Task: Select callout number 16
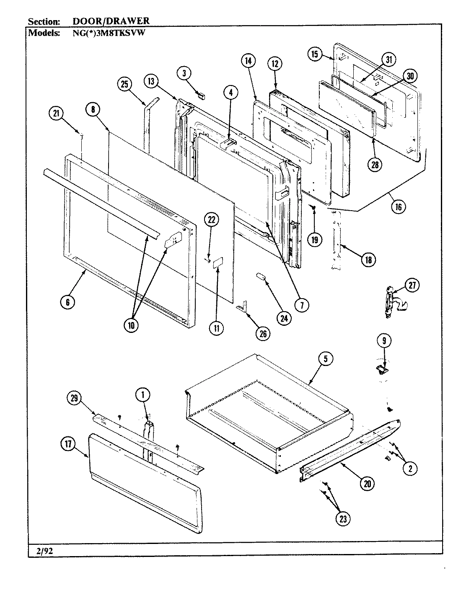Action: [x=398, y=206]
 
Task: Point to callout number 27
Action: [x=412, y=286]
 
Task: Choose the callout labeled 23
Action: [x=343, y=518]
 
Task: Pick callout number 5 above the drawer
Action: [x=326, y=358]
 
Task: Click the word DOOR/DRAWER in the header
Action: [x=108, y=21]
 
